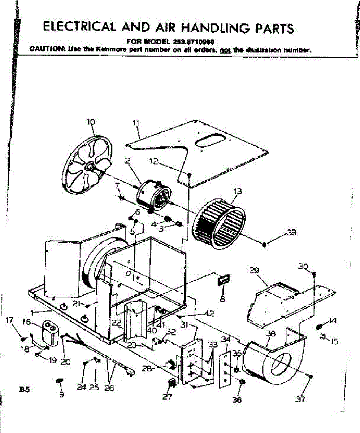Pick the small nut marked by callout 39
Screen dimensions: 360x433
264,245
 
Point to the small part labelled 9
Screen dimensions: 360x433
60,382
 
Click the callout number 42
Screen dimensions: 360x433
208,314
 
